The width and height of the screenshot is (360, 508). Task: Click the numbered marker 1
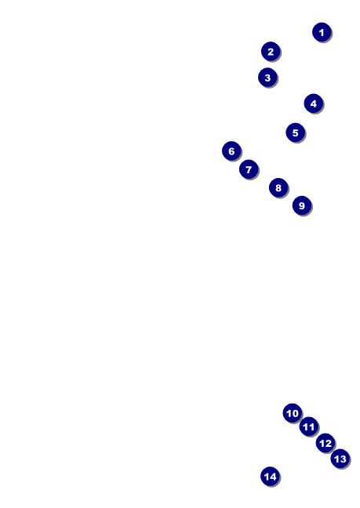322,32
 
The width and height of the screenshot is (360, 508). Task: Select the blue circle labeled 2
271,51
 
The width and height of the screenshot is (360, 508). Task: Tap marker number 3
267,78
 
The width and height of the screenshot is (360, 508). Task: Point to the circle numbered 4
314,103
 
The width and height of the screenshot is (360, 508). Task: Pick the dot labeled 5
295,132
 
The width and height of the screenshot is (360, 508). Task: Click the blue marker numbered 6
231,151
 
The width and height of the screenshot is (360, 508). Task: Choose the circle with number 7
249,169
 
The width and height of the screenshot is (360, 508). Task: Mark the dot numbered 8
278,187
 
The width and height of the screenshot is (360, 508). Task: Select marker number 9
302,205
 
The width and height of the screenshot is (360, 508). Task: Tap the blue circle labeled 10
293,413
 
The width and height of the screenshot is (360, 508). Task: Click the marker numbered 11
309,426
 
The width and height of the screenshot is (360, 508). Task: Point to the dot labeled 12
325,443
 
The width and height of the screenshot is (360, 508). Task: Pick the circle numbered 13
340,459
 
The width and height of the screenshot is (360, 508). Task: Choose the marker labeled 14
271,477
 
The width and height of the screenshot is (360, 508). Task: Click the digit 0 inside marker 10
295,413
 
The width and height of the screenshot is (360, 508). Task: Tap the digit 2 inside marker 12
328,443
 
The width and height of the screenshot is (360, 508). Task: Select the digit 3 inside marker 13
344,459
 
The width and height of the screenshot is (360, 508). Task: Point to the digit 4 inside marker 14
273,477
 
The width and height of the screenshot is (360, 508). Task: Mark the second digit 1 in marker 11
311,426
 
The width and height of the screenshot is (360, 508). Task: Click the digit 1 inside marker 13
336,459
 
